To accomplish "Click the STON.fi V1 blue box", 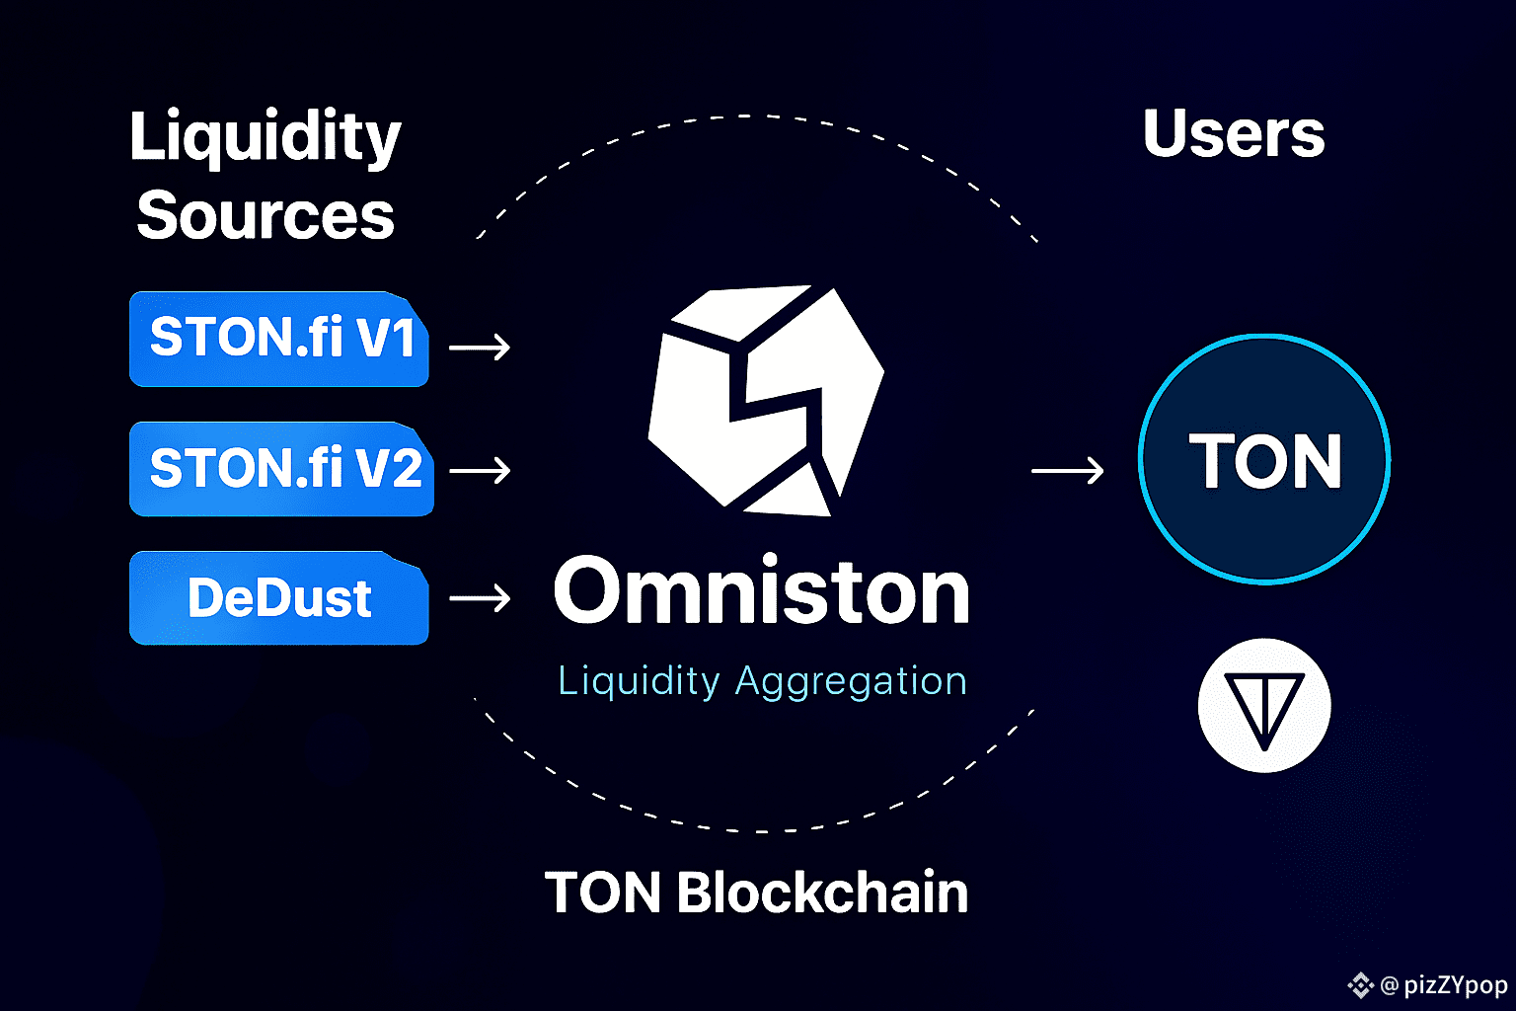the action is click(278, 339).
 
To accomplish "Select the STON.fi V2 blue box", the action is click(281, 469).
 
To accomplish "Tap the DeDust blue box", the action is click(278, 598).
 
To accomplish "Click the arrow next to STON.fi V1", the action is click(480, 347).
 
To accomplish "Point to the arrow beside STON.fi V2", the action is click(480, 470).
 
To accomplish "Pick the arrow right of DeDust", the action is click(480, 597).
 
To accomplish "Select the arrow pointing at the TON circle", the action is click(1067, 470).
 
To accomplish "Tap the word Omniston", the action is click(761, 592).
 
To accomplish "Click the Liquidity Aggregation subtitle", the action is click(762, 681).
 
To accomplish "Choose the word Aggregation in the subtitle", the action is click(851, 681).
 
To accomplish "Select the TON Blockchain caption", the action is click(756, 893).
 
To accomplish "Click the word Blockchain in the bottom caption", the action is click(822, 893).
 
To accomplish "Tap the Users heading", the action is click(1234, 134).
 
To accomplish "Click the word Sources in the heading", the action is click(265, 215).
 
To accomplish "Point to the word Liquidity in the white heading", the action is click(265, 138).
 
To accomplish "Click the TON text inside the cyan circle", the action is click(1264, 461).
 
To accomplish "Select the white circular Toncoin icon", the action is click(1264, 705).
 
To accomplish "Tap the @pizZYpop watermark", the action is click(1443, 985).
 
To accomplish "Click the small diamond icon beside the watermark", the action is click(1361, 985).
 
